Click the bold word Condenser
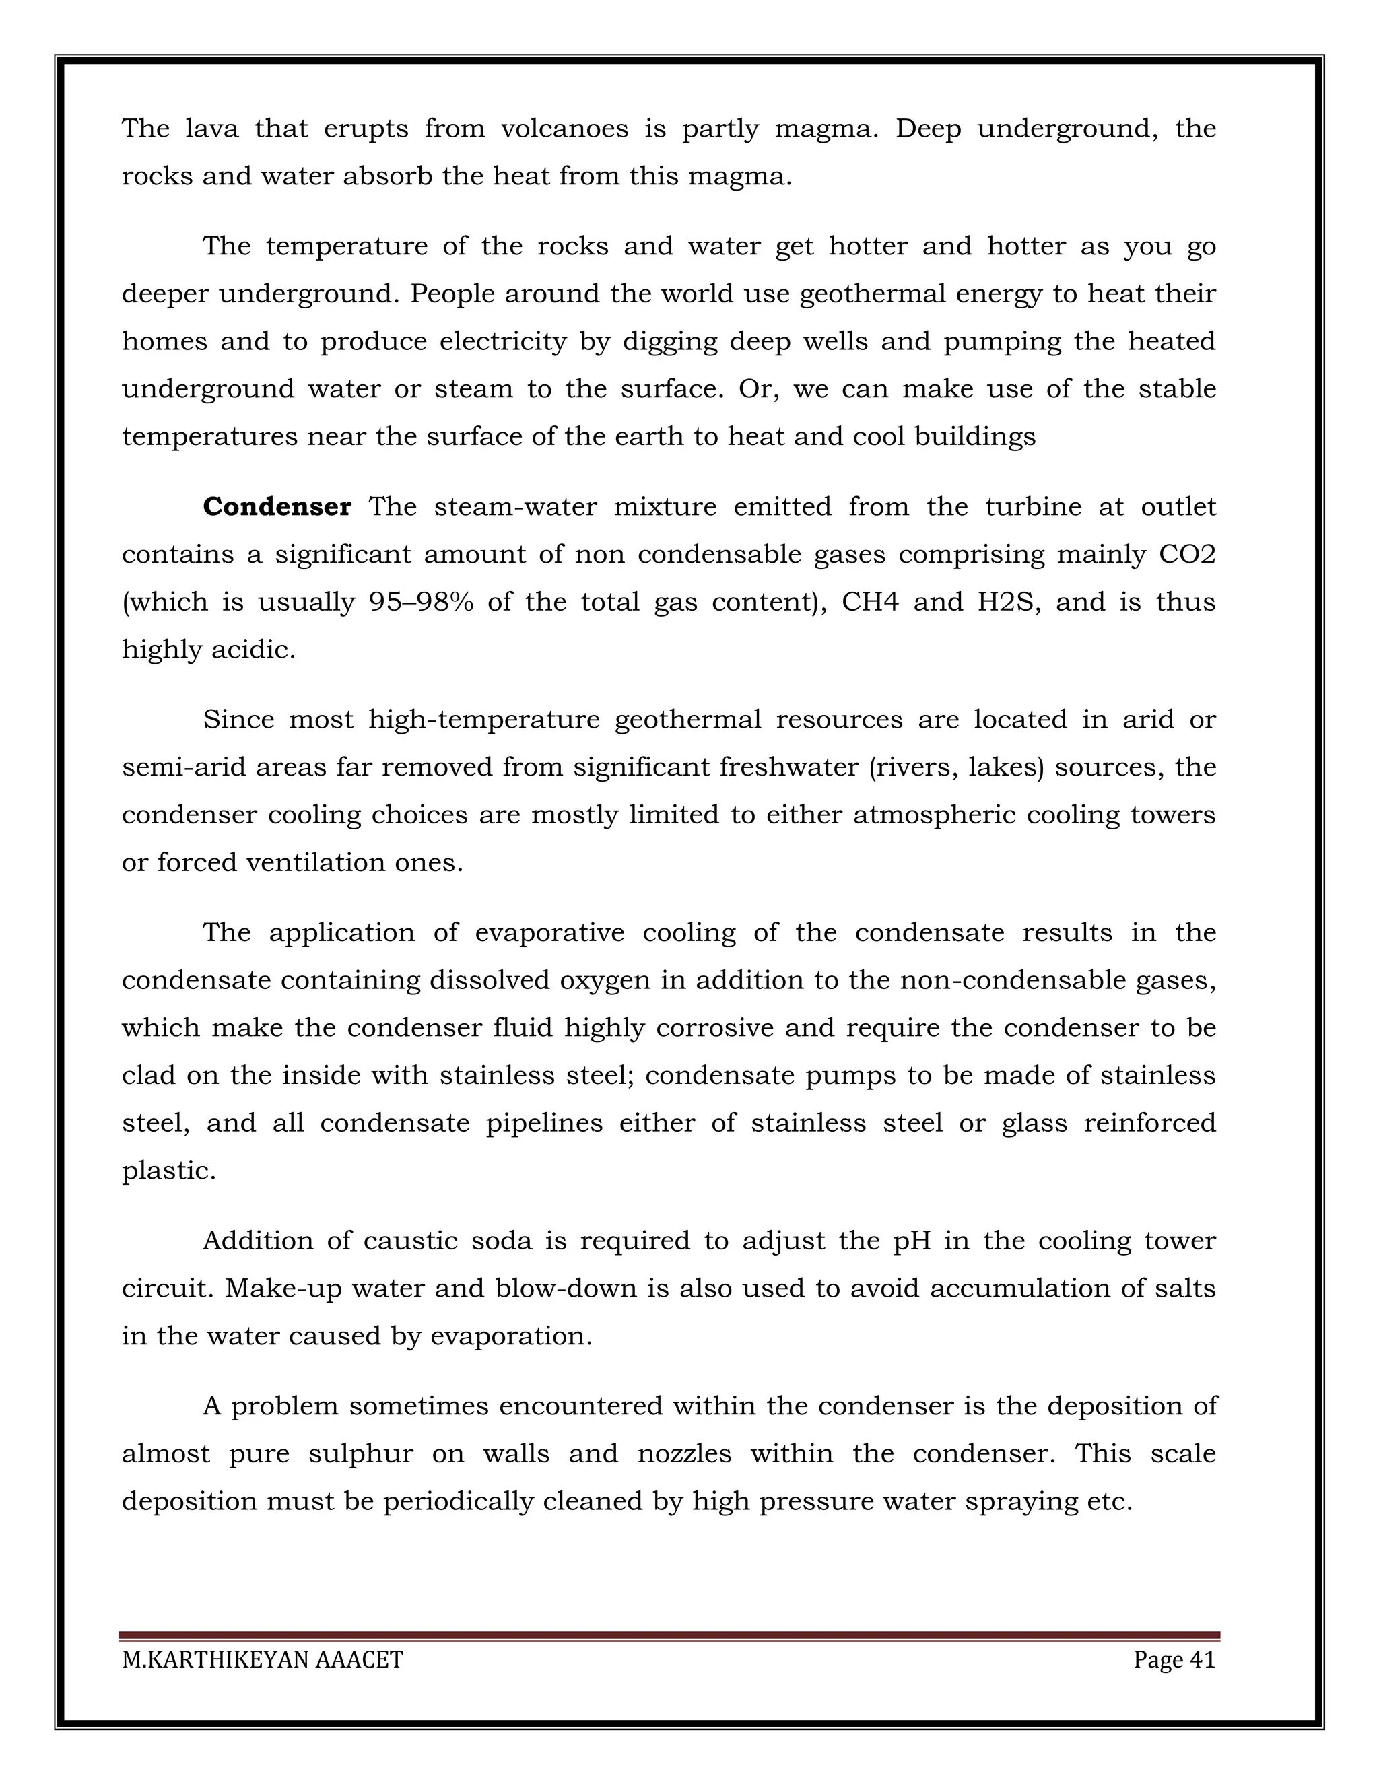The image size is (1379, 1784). (x=277, y=508)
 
